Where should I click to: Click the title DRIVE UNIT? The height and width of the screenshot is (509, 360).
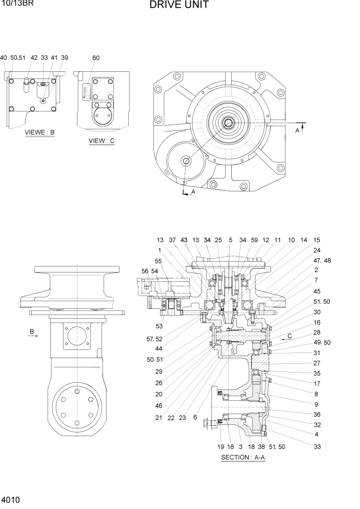pos(179,6)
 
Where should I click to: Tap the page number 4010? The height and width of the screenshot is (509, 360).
pos(11,499)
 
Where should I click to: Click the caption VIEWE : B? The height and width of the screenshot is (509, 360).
pos(39,132)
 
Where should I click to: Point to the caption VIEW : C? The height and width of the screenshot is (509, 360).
pos(102,141)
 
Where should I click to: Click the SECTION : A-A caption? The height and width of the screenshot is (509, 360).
pos(243,458)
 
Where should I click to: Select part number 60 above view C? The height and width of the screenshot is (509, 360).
pos(96,58)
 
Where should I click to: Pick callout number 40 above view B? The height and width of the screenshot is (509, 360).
pos(4,58)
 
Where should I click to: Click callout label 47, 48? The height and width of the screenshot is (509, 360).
pos(322,261)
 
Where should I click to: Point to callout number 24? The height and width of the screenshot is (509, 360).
pos(316,251)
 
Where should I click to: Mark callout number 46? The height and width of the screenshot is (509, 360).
pos(159,405)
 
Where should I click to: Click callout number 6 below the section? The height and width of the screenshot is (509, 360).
pos(195,418)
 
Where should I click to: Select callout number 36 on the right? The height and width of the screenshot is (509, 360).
pos(317,415)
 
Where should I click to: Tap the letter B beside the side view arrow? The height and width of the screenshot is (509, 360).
pos(32,332)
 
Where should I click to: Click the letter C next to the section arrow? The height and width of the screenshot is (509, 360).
pos(290,336)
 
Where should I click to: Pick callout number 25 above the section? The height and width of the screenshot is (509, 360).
pos(218,240)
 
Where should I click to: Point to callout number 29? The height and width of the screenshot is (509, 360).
pos(159,371)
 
